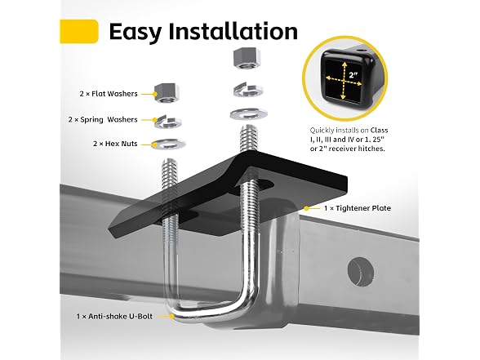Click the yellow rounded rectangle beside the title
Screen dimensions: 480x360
click(79, 31)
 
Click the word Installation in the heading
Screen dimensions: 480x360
click(233, 31)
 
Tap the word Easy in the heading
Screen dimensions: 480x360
click(136, 33)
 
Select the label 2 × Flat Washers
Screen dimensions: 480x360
click(109, 94)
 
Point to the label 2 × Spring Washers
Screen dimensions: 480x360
click(103, 120)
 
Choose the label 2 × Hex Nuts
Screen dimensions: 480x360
click(115, 144)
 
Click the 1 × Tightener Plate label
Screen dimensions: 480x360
click(358, 208)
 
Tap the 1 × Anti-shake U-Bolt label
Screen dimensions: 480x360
click(114, 316)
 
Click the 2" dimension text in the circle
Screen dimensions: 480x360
click(353, 74)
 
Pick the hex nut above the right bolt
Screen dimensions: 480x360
click(247, 59)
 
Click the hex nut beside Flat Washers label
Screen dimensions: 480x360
click(167, 93)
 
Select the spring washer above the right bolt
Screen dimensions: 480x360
click(248, 89)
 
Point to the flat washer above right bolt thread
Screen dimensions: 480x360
click(248, 115)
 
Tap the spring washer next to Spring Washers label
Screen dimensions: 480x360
click(168, 122)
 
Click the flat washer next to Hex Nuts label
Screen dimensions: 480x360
click(168, 144)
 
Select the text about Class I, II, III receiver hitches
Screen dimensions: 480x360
click(349, 140)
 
